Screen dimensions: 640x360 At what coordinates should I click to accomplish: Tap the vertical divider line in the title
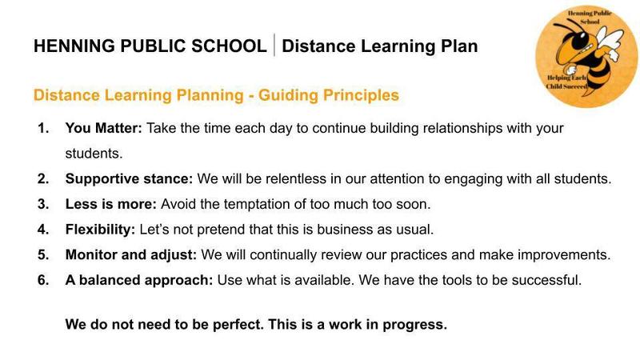pyautogui.click(x=274, y=45)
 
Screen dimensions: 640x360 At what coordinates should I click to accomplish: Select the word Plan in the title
pyautogui.click(x=459, y=46)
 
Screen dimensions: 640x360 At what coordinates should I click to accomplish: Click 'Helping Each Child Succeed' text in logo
pyautogui.click(x=566, y=82)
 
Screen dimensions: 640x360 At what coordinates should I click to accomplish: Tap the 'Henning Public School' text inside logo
pyautogui.click(x=590, y=17)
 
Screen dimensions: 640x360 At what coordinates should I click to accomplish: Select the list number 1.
pyautogui.click(x=43, y=128)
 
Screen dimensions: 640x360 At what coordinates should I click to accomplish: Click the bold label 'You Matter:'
pyautogui.click(x=104, y=128)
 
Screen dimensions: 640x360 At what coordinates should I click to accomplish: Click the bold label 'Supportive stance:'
pyautogui.click(x=129, y=178)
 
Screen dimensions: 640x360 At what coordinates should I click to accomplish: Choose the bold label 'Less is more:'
pyautogui.click(x=111, y=204)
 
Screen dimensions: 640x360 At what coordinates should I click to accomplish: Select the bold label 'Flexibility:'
pyautogui.click(x=100, y=230)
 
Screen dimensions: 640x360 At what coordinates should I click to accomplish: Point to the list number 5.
pyautogui.click(x=43, y=254)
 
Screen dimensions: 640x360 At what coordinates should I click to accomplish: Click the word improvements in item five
pyautogui.click(x=564, y=254)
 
